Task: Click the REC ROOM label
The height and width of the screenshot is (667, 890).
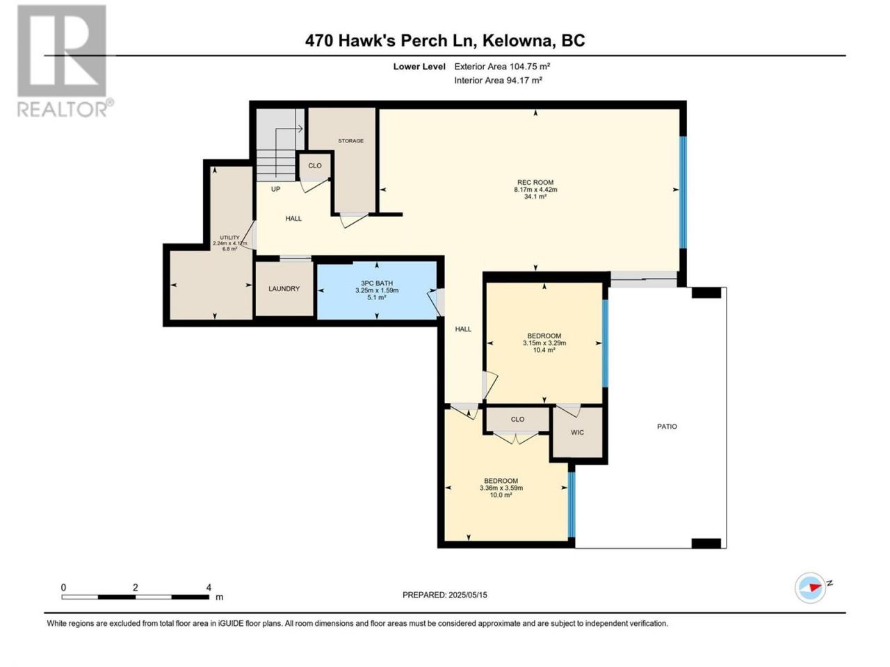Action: [535, 182]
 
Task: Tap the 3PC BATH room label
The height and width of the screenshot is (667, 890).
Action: [377, 283]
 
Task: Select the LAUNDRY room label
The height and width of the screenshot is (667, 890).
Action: [284, 289]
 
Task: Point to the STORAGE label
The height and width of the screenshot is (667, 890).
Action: [350, 141]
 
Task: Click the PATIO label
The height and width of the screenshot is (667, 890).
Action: [667, 427]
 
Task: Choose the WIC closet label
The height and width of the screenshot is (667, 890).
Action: [577, 433]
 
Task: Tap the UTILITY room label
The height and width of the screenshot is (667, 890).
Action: [229, 238]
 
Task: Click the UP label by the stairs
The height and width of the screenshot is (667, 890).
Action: [276, 189]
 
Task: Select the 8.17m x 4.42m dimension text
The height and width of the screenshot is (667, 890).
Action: [535, 190]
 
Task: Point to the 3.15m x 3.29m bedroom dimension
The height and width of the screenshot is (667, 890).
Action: [544, 343]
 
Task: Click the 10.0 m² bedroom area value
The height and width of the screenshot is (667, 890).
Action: [501, 495]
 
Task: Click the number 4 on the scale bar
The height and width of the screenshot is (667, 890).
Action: [209, 588]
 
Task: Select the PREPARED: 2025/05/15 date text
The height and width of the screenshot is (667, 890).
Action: [445, 595]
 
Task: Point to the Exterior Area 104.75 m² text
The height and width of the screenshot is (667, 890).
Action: [502, 67]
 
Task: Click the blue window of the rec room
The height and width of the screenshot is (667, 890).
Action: [683, 192]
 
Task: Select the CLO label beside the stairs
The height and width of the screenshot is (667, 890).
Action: [315, 165]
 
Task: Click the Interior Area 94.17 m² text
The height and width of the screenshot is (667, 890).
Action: [499, 80]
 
